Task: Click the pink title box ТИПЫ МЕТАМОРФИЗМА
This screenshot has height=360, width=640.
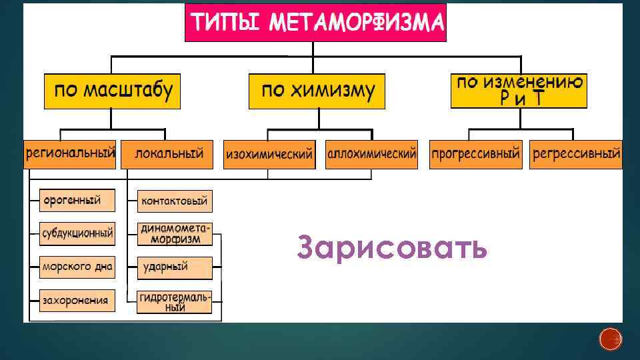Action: (315, 22)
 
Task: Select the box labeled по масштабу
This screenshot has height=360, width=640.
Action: (113, 91)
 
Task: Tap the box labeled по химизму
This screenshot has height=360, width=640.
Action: (317, 91)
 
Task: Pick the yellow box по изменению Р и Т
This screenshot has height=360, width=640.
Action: (519, 91)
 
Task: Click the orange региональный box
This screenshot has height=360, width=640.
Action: (70, 154)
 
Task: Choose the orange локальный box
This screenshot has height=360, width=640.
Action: (169, 154)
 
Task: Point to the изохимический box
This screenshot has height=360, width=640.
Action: (269, 155)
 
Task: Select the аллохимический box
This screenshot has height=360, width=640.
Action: (371, 154)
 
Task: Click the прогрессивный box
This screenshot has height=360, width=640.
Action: (475, 154)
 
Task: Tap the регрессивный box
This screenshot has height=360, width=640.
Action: (575, 154)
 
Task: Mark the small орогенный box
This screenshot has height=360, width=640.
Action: (77, 200)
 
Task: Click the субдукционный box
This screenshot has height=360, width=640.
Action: (77, 234)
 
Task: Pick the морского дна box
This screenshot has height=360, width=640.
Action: (77, 267)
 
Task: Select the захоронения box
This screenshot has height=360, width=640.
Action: (77, 300)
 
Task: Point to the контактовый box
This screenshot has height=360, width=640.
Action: (175, 200)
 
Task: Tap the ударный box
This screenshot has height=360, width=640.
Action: (175, 267)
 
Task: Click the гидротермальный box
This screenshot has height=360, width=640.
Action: (175, 302)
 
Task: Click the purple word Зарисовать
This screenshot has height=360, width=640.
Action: (392, 248)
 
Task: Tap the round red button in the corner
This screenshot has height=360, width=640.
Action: (610, 339)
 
